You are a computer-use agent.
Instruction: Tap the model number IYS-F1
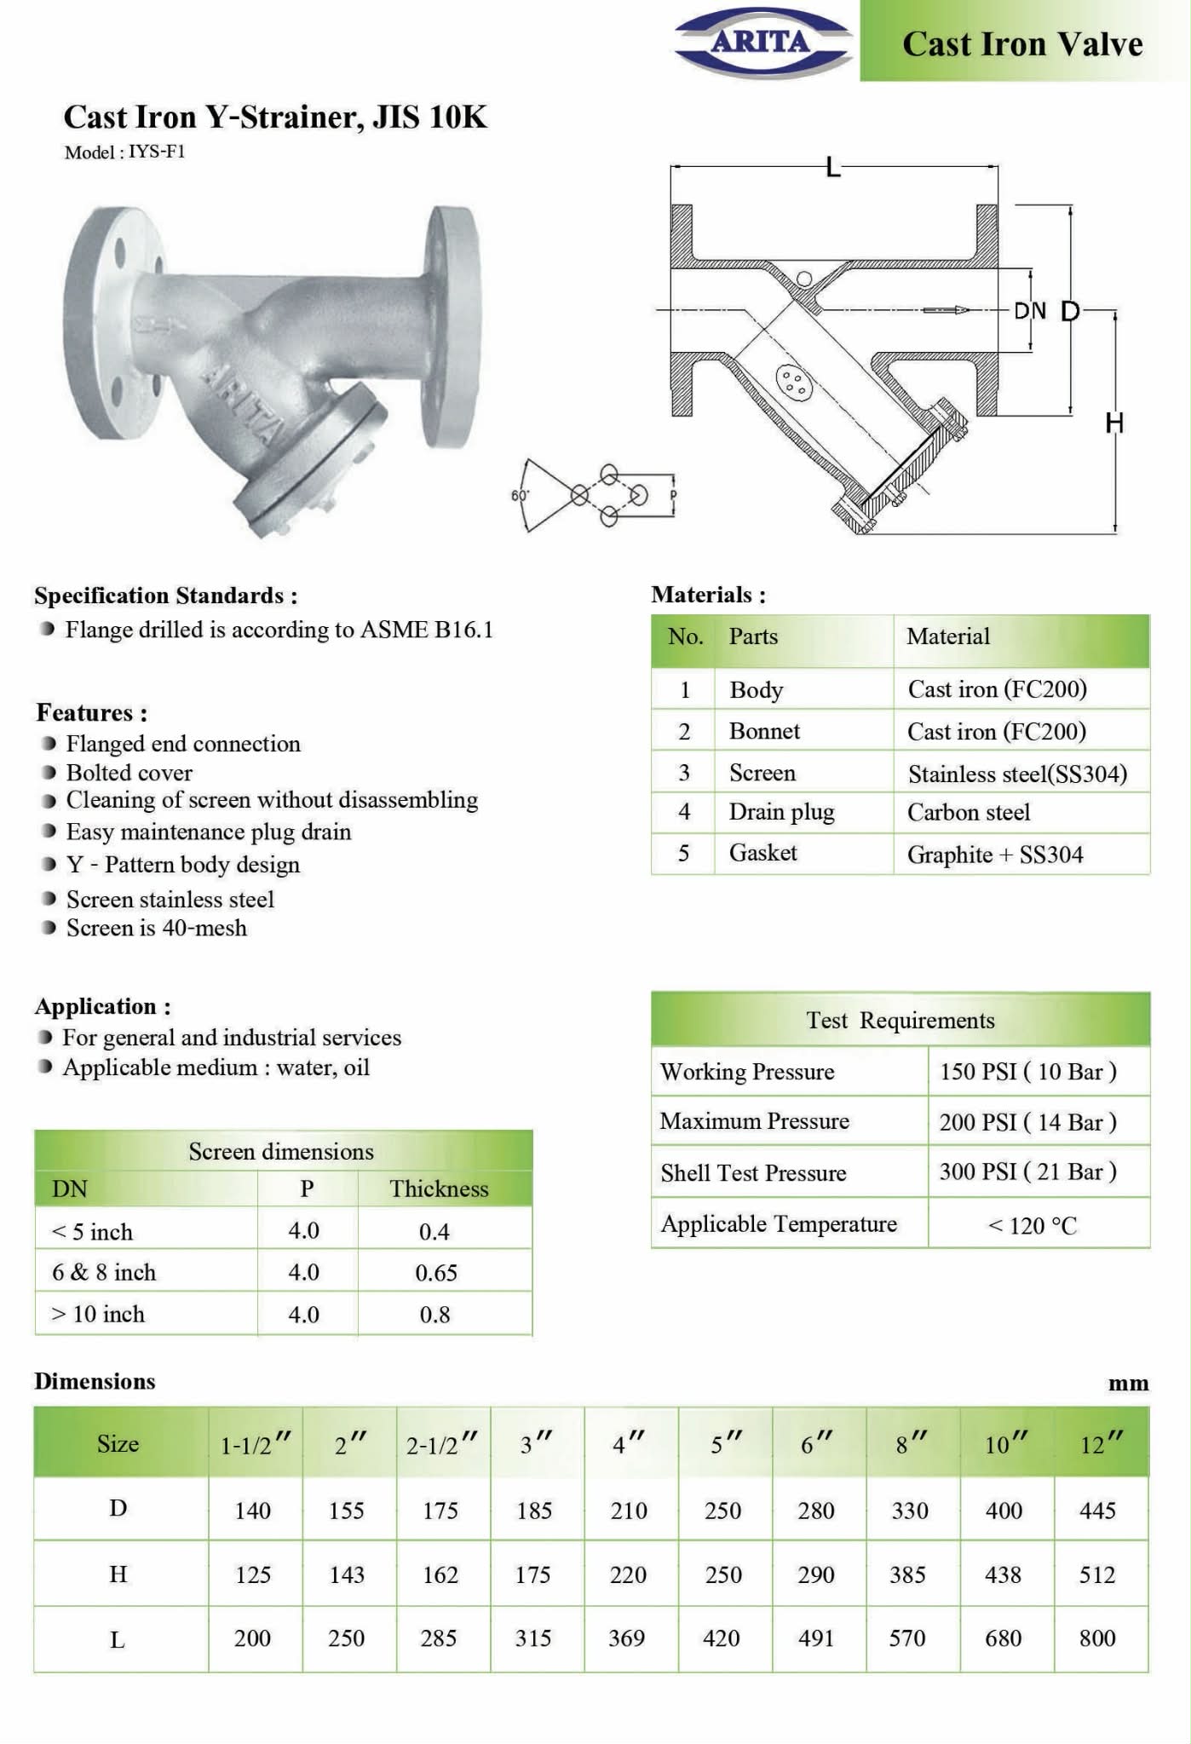pyautogui.click(x=156, y=152)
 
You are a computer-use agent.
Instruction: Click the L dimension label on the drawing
pyautogui.click(x=832, y=166)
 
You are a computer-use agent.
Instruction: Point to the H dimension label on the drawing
pyautogui.click(x=1114, y=423)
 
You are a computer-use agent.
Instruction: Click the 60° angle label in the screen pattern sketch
pyautogui.click(x=520, y=494)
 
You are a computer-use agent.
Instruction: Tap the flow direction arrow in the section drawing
pyautogui.click(x=946, y=309)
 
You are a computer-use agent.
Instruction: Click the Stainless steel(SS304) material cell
pyautogui.click(x=1017, y=774)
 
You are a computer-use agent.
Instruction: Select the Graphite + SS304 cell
pyautogui.click(x=994, y=855)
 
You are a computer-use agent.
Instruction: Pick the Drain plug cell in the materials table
pyautogui.click(x=781, y=812)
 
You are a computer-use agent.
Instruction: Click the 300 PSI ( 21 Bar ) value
pyautogui.click(x=1027, y=1171)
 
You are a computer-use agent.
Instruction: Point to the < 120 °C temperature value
pyautogui.click(x=1032, y=1225)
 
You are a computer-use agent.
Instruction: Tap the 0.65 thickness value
pyautogui.click(x=435, y=1273)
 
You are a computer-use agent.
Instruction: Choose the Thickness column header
pyautogui.click(x=439, y=1189)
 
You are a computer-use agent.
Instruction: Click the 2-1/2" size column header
pyautogui.click(x=441, y=1444)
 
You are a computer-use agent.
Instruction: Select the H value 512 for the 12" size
pyautogui.click(x=1096, y=1574)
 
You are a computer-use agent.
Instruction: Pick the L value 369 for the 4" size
pyautogui.click(x=626, y=1638)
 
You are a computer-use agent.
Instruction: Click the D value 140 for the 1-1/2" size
pyautogui.click(x=252, y=1511)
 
